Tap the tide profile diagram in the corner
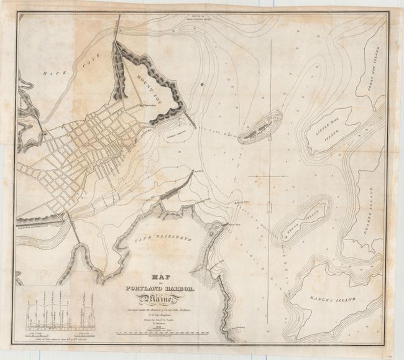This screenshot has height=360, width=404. click(x=59, y=317)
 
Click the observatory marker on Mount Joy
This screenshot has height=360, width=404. click(x=142, y=106)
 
